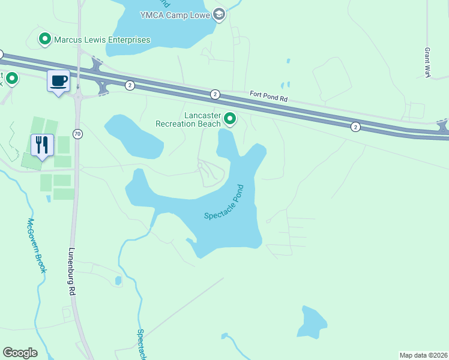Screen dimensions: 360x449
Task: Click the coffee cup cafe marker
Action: coord(58,80)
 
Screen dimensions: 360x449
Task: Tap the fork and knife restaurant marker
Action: coord(42,145)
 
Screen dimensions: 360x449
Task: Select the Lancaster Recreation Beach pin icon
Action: coord(229,121)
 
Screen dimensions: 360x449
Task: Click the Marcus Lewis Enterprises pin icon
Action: coord(44,40)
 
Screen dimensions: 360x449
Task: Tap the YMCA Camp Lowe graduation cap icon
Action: coord(219,14)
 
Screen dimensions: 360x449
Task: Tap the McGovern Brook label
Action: coord(36,246)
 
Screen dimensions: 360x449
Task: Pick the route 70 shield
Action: coord(77,133)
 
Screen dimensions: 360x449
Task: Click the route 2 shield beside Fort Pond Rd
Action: coord(215,94)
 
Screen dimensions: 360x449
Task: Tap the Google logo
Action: coord(20,353)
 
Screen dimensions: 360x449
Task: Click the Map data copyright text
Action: coord(423,355)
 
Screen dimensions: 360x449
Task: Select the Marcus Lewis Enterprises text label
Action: coord(102,40)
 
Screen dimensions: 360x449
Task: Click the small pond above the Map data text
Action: coord(312,322)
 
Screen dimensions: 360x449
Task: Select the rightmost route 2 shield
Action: coord(356,126)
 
